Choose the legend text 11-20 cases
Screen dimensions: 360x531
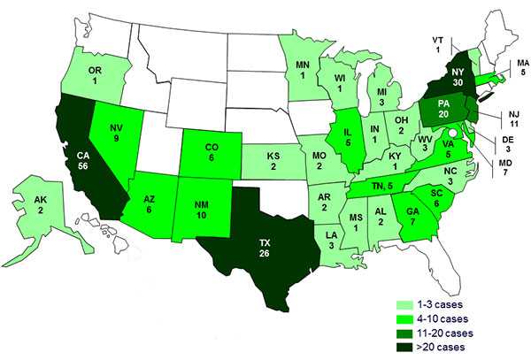click(x=452, y=333)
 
